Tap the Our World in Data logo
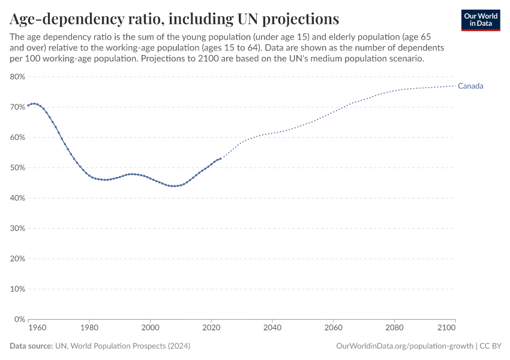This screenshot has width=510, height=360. (x=480, y=20)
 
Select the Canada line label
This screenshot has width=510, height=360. (x=470, y=86)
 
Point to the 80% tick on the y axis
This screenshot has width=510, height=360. (x=17, y=77)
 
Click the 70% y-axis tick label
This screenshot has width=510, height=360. (x=17, y=107)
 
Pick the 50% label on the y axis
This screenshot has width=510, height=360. (x=17, y=167)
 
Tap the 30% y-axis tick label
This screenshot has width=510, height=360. (x=17, y=229)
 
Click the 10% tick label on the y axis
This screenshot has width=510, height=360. (x=17, y=289)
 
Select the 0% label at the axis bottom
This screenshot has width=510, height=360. (x=19, y=319)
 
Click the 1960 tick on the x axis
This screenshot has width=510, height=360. (x=37, y=328)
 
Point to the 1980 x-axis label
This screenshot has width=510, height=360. (x=89, y=328)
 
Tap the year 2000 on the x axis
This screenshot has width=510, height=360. (x=150, y=328)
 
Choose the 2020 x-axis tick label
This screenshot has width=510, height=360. (x=211, y=328)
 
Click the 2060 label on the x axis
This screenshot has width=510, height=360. (x=333, y=328)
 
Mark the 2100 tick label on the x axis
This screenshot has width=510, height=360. (x=446, y=328)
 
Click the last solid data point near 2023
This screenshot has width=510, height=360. (x=221, y=158)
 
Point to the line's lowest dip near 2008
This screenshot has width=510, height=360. (x=174, y=186)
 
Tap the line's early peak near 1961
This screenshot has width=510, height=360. (x=34, y=104)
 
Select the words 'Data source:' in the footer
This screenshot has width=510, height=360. (x=31, y=346)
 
